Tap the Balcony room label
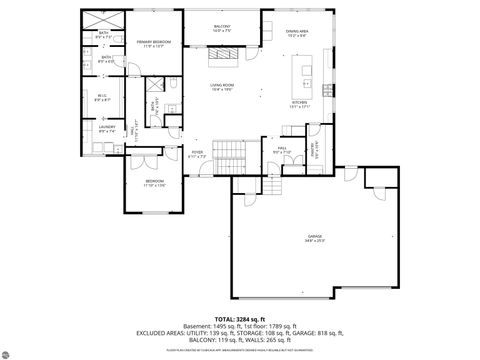coord(222,28)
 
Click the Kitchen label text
coord(299,104)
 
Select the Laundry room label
coord(105,128)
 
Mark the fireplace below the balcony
coord(222,60)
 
